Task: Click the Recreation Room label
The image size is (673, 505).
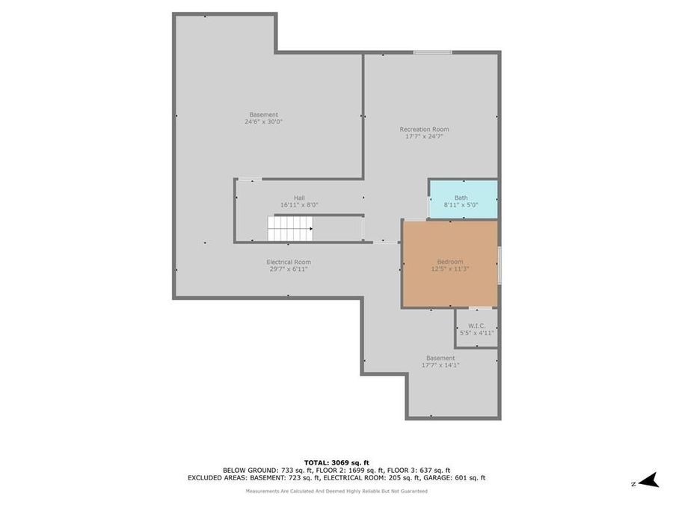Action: click(x=424, y=129)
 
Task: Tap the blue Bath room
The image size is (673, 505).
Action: click(x=463, y=200)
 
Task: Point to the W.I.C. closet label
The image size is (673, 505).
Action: click(x=477, y=325)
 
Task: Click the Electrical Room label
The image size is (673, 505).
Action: click(x=288, y=262)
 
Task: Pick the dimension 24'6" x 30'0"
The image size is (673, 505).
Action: click(x=263, y=122)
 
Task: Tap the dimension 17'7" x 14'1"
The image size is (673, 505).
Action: click(x=440, y=365)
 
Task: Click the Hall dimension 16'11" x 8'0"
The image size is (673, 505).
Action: click(x=299, y=204)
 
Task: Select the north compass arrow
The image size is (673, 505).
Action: click(x=648, y=480)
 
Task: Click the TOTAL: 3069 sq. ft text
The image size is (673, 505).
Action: click(x=336, y=462)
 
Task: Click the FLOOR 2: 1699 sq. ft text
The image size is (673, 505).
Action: click(x=352, y=470)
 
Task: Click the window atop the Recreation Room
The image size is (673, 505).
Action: click(x=432, y=52)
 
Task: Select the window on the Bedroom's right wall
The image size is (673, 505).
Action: click(x=498, y=266)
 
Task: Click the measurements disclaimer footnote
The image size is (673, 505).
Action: click(x=336, y=491)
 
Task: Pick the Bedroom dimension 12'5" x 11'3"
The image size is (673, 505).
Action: click(x=449, y=269)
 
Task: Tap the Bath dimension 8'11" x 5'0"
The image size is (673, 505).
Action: click(x=461, y=204)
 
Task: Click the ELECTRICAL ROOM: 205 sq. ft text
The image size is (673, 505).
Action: click(x=370, y=477)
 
